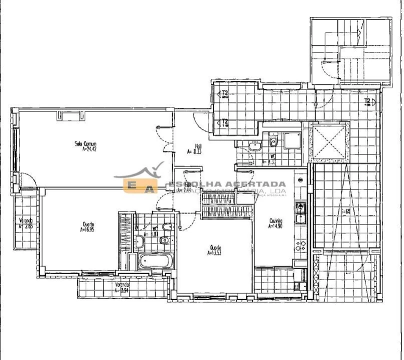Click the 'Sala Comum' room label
point(86,144)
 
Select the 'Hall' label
point(191,146)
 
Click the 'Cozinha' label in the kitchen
point(276,220)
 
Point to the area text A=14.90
point(276,225)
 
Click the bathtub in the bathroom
point(155,260)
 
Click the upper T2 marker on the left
point(225,93)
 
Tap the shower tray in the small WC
point(293,140)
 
